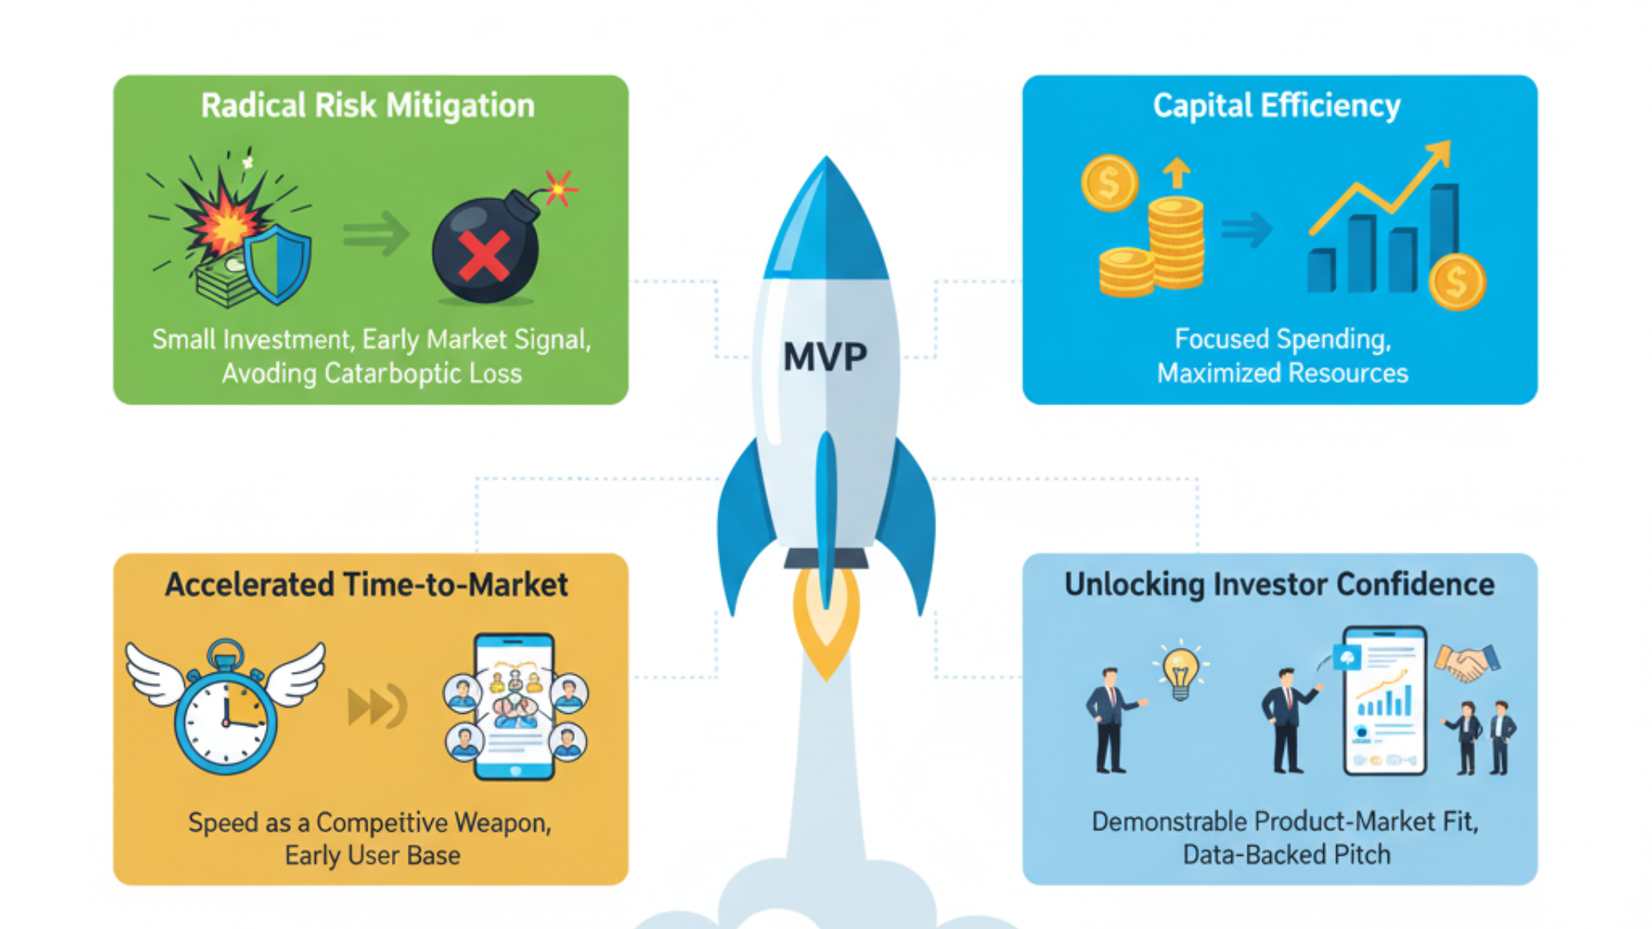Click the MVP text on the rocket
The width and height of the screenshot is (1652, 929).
coord(824,356)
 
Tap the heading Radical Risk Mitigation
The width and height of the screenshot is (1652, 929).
coord(367,106)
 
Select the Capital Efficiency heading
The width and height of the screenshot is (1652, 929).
coord(1277,106)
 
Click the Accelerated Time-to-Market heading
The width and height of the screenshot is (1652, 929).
coord(367,585)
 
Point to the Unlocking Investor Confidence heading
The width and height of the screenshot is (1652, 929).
coord(1279,585)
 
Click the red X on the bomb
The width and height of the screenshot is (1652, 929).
coord(484,256)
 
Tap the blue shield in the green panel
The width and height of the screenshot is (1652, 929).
coord(277,264)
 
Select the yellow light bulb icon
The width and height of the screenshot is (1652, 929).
coord(1180,670)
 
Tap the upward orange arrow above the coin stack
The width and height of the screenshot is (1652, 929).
coord(1176,172)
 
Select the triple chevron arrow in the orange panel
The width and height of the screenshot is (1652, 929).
coord(377,706)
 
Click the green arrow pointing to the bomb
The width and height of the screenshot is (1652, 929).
coord(376,233)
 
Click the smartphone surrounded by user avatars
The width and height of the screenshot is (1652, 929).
coord(515,707)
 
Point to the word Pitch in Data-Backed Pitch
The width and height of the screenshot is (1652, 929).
coord(1359,855)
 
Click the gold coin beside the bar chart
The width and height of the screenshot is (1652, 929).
coord(1457,282)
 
